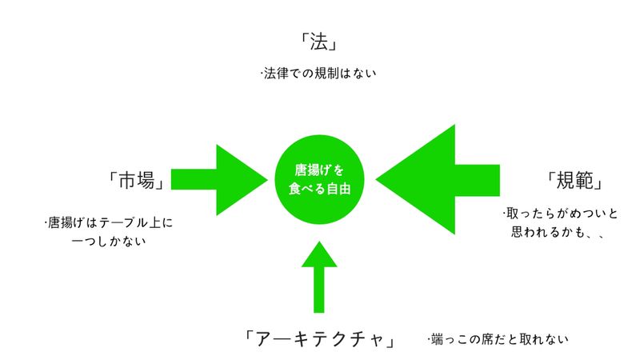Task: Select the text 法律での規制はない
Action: pyautogui.click(x=318, y=74)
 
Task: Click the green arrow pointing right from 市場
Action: pyautogui.click(x=216, y=180)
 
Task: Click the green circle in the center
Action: pyautogui.click(x=319, y=180)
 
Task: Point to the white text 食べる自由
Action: pyautogui.click(x=319, y=190)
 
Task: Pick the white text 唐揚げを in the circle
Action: pyautogui.click(x=319, y=170)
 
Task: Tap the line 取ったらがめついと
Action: pyautogui.click(x=550, y=214)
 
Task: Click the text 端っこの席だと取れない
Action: pyautogui.click(x=498, y=339)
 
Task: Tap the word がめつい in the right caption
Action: pyautogui.click(x=565, y=214)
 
